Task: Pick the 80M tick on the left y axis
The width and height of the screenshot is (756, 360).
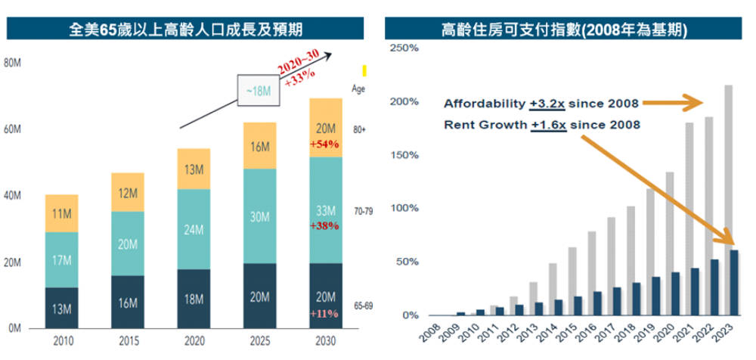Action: (12, 63)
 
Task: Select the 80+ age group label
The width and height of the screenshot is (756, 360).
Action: (359, 129)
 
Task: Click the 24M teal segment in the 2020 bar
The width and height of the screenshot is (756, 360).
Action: (193, 228)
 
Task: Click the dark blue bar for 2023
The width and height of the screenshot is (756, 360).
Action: (734, 282)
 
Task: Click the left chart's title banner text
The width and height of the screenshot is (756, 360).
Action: (184, 30)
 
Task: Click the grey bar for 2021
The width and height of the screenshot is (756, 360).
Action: (689, 219)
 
